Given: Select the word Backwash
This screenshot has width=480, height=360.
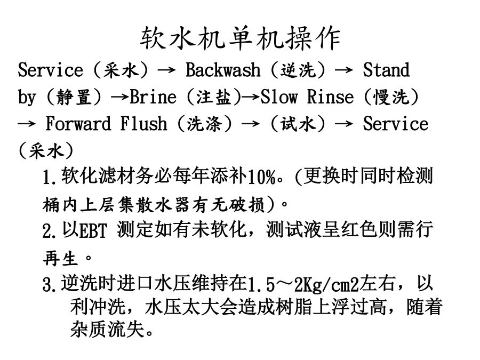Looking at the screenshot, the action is coord(223,70).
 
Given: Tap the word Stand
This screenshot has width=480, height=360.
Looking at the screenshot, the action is coord(386,70).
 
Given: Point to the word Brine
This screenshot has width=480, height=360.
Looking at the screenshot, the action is coord(154,97).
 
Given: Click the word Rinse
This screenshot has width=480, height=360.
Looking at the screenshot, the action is coord(330,97).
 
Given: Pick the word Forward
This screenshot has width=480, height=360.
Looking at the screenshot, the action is coord(78,124).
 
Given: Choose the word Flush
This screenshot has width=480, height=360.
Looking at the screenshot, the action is coord(143,124).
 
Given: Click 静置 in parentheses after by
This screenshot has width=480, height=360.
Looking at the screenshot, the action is coord(74,98).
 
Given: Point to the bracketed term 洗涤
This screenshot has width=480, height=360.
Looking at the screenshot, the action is coord(204,124).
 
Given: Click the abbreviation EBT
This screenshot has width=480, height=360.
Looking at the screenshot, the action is coord(93,231).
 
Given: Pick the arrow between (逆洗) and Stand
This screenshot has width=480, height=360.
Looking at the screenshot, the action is coord(344,70).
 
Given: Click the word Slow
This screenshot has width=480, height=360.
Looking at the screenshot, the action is coord(278,97).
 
